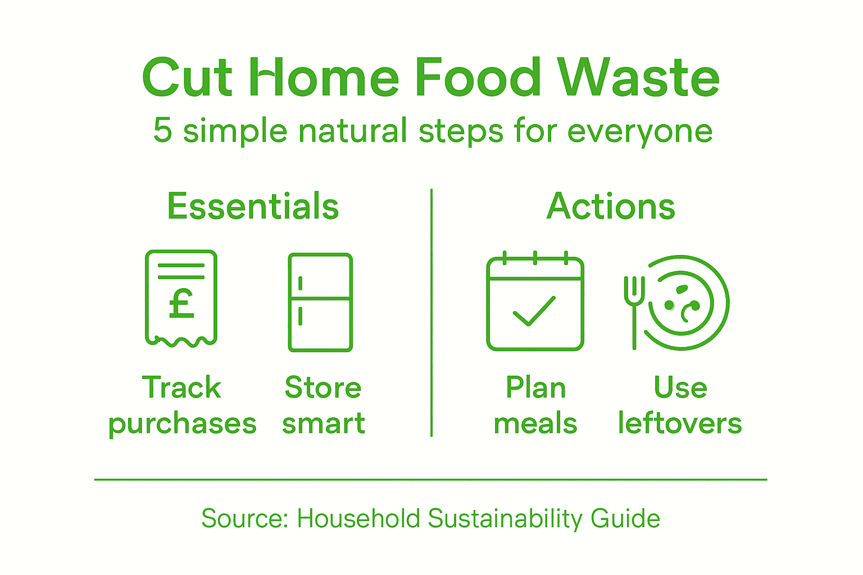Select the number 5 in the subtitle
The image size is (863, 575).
[162, 130]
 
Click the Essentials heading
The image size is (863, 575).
[253, 206]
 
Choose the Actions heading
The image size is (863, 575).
[611, 206]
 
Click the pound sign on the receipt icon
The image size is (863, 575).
[181, 304]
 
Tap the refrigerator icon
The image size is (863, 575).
[320, 302]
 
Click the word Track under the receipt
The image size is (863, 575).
[181, 387]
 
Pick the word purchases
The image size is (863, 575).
[183, 424]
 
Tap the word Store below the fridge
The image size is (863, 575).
[323, 387]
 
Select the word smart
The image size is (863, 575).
[324, 423]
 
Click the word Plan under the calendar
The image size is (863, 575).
[535, 387]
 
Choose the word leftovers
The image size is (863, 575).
[680, 423]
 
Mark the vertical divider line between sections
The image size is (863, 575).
[431, 312]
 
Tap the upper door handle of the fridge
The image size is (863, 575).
[301, 282]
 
